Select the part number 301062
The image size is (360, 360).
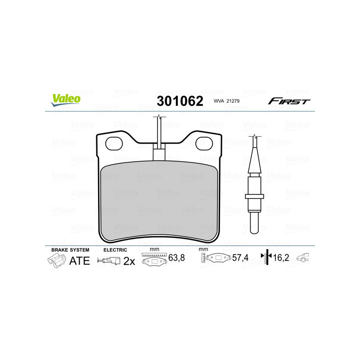click(x=180, y=101)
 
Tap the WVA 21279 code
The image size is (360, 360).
click(x=227, y=102)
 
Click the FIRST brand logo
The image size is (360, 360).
click(x=289, y=101)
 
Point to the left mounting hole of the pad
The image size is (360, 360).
click(x=111, y=144)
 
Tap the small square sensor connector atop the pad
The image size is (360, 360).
click(x=159, y=154)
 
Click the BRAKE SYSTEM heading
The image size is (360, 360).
click(x=70, y=250)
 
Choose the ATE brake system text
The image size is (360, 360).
click(x=79, y=261)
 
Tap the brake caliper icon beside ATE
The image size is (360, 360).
click(x=56, y=261)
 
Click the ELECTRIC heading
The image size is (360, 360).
click(x=115, y=250)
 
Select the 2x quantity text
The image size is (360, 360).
click(x=129, y=261)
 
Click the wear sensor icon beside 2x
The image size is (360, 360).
click(x=110, y=261)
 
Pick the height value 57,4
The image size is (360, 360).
click(x=239, y=259)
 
